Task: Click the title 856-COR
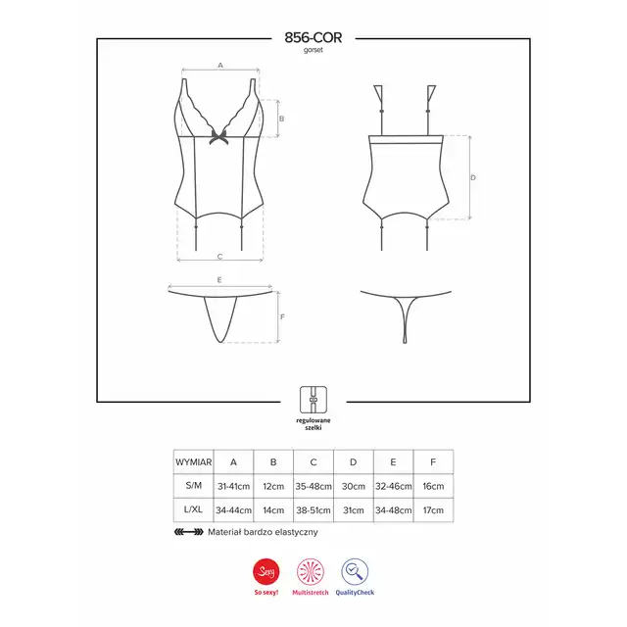point(313,37)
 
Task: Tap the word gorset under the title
point(313,50)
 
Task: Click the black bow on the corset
point(218,136)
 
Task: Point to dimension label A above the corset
point(220,66)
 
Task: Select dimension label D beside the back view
point(473,177)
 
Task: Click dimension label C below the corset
point(219,257)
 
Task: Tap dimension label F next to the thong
point(282,316)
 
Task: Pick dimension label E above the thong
point(219,280)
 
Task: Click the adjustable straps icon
point(313,400)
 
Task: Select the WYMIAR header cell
point(194,461)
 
